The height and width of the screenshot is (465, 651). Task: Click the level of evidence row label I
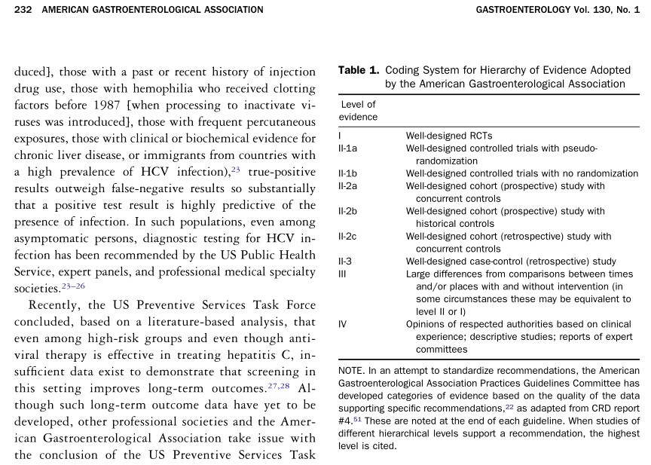[341, 136]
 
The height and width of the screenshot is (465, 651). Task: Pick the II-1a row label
[348, 148]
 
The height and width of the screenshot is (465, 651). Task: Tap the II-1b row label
[348, 173]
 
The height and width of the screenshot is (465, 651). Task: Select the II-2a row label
[348, 185]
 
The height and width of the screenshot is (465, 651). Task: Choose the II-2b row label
[348, 211]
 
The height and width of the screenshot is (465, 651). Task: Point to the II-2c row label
[348, 237]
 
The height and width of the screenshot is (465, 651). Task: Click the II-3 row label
[346, 262]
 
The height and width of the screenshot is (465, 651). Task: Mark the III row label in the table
[342, 274]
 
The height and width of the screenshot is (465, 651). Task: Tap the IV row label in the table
[343, 324]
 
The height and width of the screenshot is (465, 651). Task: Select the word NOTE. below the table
[352, 372]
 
